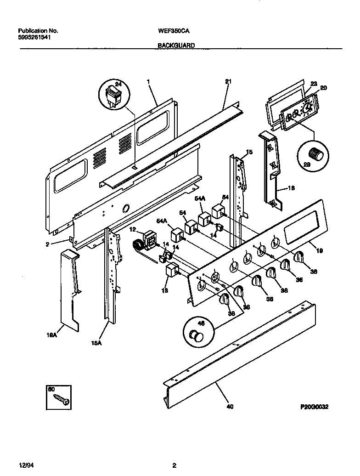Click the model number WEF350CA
pyautogui.click(x=174, y=31)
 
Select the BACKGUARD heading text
pyautogui.click(x=176, y=45)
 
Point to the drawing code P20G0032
pyautogui.click(x=315, y=407)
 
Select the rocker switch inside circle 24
pyautogui.click(x=113, y=96)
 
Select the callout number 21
pyautogui.click(x=228, y=81)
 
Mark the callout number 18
pyautogui.click(x=291, y=188)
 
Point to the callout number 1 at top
pyautogui.click(x=148, y=81)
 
